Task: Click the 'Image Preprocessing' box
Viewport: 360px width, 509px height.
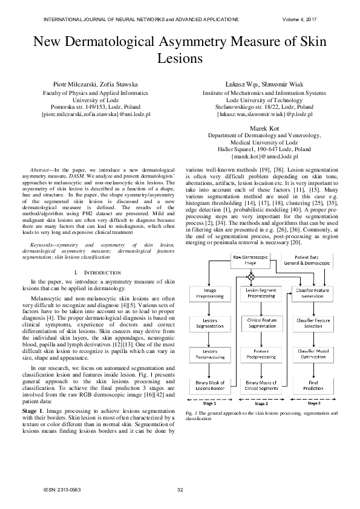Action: click(209, 294)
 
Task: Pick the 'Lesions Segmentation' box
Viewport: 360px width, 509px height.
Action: click(209, 323)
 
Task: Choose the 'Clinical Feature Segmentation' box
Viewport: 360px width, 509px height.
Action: click(261, 323)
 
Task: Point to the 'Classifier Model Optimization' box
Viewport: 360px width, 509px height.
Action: click(313, 354)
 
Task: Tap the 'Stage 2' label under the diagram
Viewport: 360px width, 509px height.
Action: click(261, 403)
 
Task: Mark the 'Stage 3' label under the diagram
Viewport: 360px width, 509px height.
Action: click(313, 403)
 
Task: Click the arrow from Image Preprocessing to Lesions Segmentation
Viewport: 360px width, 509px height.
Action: click(209, 308)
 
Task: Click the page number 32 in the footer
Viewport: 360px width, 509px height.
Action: click(180, 490)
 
